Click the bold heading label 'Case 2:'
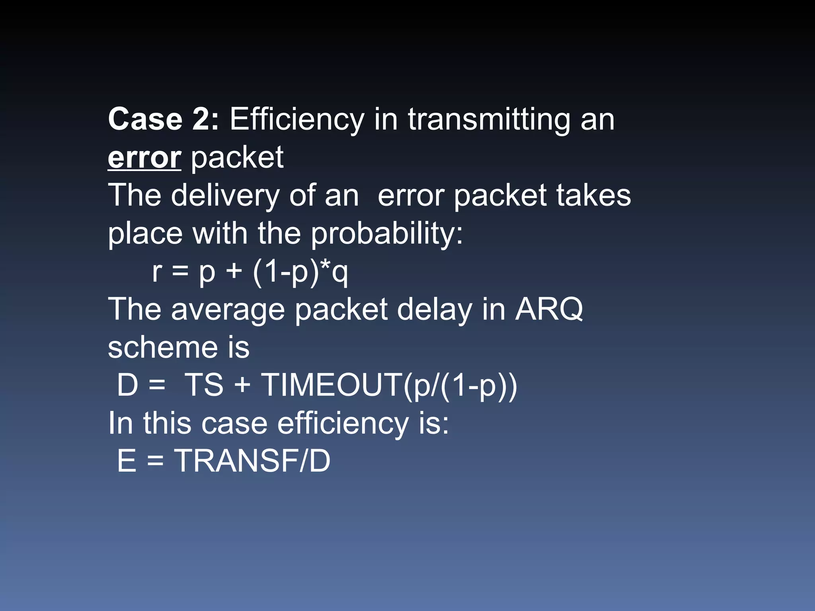163,119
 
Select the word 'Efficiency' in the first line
297,119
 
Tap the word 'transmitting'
489,119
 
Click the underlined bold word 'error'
144,158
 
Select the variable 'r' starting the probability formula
157,272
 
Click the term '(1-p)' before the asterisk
286,272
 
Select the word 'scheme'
163,347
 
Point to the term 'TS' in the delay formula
204,385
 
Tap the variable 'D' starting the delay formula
127,385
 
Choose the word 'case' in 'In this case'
234,423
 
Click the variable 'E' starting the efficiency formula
127,461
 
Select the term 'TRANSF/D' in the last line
253,461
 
